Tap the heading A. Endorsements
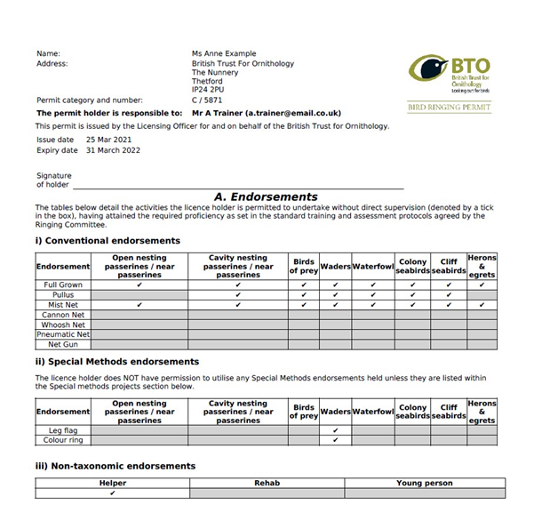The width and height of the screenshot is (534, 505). tap(266, 196)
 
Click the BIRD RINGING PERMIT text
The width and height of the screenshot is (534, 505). tap(449, 107)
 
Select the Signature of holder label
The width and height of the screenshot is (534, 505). tap(54, 180)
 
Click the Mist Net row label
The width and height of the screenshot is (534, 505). tap(63, 305)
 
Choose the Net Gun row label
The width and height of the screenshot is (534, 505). tap(63, 344)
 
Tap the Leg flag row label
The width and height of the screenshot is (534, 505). tap(63, 430)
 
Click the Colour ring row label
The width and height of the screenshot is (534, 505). tap(63, 440)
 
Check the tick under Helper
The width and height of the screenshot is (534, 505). tap(113, 493)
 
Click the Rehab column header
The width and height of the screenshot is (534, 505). tap(267, 484)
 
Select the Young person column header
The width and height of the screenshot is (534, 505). tap(424, 484)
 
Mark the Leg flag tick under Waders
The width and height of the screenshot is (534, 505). tap(335, 430)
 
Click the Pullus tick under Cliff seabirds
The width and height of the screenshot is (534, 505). tap(449, 295)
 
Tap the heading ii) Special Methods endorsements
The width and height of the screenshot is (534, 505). tap(117, 362)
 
